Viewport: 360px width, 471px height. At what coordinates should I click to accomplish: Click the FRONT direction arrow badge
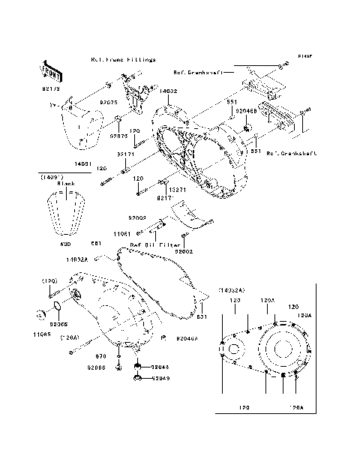point(49,70)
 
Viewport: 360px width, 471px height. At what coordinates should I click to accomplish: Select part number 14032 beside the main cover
point(169,91)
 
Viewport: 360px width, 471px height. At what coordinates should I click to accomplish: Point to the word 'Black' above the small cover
point(67,183)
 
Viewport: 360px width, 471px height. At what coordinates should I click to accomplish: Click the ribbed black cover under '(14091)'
point(69,214)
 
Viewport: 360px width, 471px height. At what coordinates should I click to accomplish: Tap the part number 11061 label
point(123,234)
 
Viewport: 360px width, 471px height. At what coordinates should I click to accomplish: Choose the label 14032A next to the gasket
point(97,259)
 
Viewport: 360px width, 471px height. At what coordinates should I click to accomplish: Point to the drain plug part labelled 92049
point(138,379)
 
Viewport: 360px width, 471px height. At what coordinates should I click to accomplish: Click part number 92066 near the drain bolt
point(96,367)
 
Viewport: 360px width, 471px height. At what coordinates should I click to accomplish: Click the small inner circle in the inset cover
point(233,351)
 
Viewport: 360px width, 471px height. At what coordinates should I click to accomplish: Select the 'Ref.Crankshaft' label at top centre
point(197,73)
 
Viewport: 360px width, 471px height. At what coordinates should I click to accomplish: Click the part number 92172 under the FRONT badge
point(49,88)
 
